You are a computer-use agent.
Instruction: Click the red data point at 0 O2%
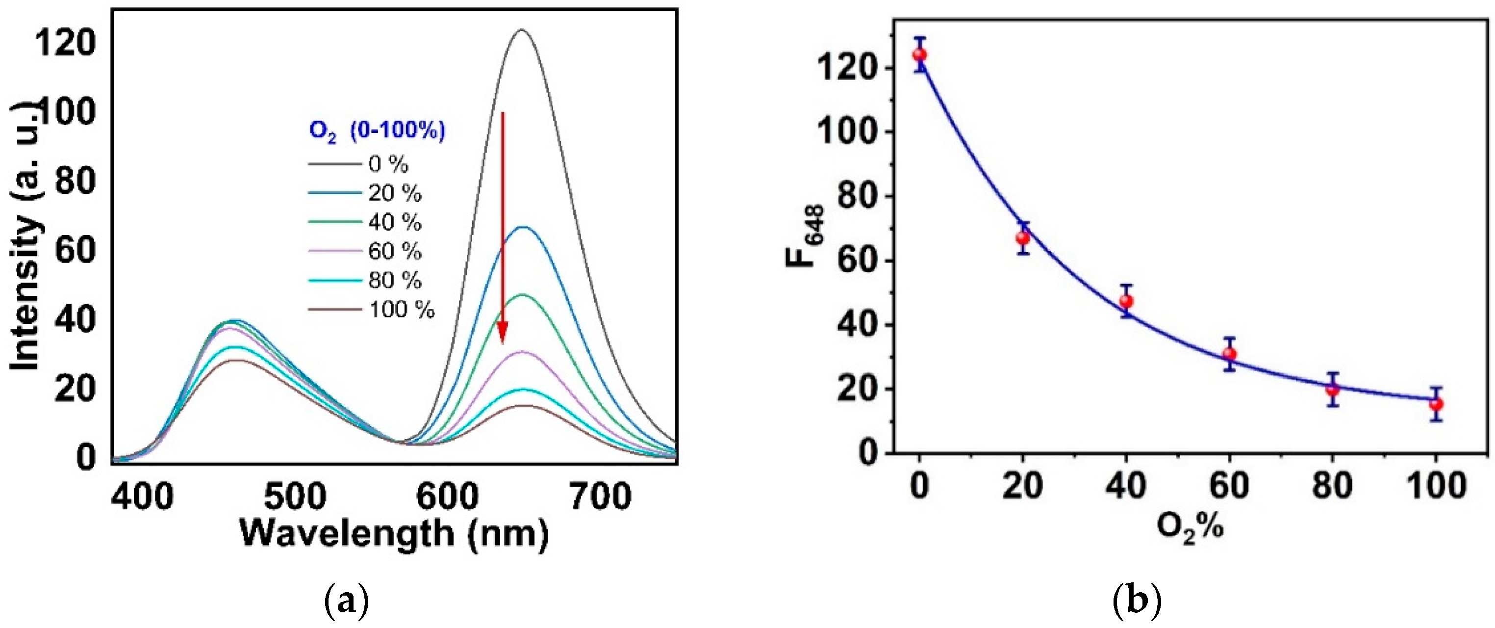click(x=919, y=55)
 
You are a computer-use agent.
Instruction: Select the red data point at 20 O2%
click(x=1023, y=238)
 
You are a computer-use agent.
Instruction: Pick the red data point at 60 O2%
click(x=1229, y=354)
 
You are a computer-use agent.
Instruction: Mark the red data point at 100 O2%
click(x=1436, y=404)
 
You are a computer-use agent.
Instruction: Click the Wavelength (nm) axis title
click(x=395, y=533)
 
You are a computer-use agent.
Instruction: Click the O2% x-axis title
click(x=1190, y=528)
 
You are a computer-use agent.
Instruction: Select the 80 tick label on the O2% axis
click(x=1333, y=485)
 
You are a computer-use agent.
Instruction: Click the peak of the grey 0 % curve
click(x=521, y=30)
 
